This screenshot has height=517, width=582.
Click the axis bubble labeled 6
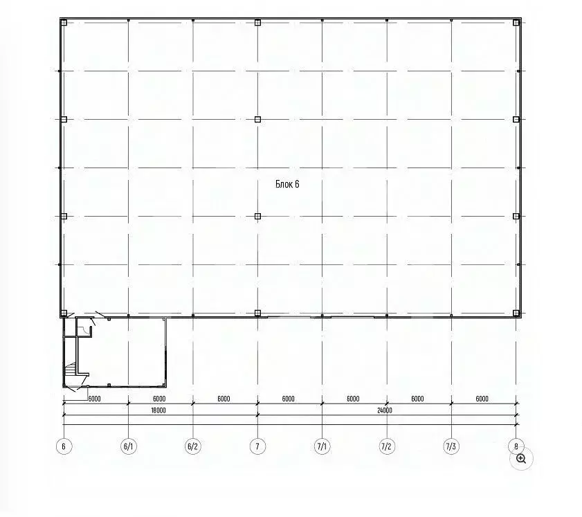pos(64,446)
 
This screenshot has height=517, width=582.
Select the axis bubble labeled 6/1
pos(129,446)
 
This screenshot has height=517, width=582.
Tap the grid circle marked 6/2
pos(193,446)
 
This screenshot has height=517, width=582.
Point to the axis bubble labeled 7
pos(257,446)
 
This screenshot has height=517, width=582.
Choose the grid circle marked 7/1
pos(322,446)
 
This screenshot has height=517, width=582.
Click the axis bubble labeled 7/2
pos(387,446)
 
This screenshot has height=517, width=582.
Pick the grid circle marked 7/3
pos(451,446)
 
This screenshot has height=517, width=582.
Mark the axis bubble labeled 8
pos(516,446)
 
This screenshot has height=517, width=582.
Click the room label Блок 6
pos(287,184)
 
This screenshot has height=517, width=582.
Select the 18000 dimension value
pos(158,410)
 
